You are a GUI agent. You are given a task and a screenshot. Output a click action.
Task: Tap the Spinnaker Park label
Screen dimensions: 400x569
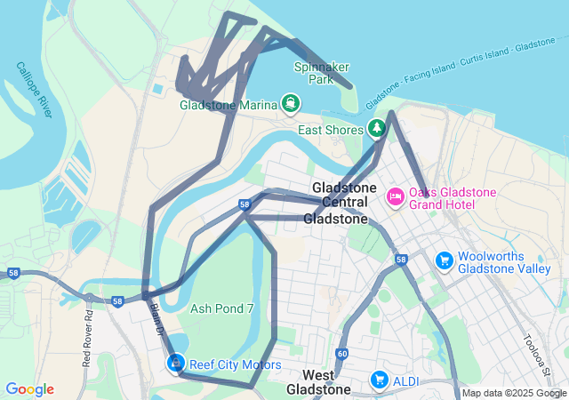321,73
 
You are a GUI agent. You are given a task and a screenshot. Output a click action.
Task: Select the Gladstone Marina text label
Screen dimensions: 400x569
228,105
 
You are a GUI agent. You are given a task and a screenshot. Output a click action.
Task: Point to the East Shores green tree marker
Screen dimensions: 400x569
376,129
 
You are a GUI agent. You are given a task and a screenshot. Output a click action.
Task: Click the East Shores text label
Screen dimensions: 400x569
331,130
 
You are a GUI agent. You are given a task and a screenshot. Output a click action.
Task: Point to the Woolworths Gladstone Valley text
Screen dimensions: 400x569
504,261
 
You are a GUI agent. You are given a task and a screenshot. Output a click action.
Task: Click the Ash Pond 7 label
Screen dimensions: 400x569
222,308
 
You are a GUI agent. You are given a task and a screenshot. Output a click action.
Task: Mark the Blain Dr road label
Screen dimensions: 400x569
156,319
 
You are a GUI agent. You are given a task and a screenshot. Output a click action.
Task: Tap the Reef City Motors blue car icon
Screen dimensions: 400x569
176,363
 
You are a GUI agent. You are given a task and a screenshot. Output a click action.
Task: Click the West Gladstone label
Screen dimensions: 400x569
318,381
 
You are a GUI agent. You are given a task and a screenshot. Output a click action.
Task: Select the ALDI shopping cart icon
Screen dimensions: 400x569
380,380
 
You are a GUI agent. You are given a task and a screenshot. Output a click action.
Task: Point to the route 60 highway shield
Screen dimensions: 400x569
342,354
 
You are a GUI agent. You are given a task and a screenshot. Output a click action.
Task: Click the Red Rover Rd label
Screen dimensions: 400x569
87,339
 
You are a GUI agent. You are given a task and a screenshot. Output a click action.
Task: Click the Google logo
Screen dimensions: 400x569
29,389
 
